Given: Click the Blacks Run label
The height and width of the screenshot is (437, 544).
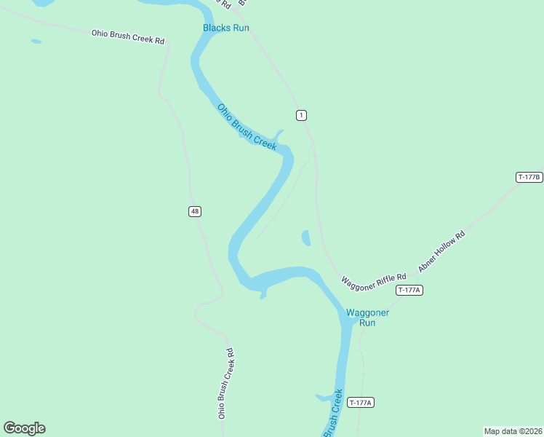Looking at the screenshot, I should click(225, 28).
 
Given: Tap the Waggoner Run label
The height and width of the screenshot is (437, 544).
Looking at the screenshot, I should click(367, 318).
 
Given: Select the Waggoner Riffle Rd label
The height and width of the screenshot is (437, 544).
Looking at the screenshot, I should click(374, 281).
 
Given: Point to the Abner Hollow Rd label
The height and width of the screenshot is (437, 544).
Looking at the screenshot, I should click(441, 252).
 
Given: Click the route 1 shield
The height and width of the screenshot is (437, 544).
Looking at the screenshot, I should click(301, 115).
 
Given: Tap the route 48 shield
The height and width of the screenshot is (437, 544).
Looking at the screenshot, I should click(194, 211).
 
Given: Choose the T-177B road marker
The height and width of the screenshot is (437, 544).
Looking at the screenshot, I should click(529, 177).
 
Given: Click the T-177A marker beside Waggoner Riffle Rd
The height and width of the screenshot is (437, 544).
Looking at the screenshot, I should click(409, 290).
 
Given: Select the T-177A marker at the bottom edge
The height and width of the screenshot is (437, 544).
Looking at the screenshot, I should click(361, 403).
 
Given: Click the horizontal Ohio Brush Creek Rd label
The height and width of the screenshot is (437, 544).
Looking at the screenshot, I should click(127, 36).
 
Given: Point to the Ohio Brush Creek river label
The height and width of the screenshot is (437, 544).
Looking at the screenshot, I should click(247, 127).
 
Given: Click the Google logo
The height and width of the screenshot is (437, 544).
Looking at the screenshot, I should click(24, 428).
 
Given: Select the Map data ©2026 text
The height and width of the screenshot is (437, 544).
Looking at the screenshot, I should click(513, 430).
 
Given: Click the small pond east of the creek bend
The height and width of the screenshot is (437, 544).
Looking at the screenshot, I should click(306, 238).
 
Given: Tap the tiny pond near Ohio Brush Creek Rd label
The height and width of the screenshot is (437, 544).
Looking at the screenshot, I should click(36, 42).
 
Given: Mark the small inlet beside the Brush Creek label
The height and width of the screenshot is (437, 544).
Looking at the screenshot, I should click(322, 398).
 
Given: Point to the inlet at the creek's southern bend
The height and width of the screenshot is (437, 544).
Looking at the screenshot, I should click(263, 294).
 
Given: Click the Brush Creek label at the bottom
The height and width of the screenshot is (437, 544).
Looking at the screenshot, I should click(332, 413).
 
